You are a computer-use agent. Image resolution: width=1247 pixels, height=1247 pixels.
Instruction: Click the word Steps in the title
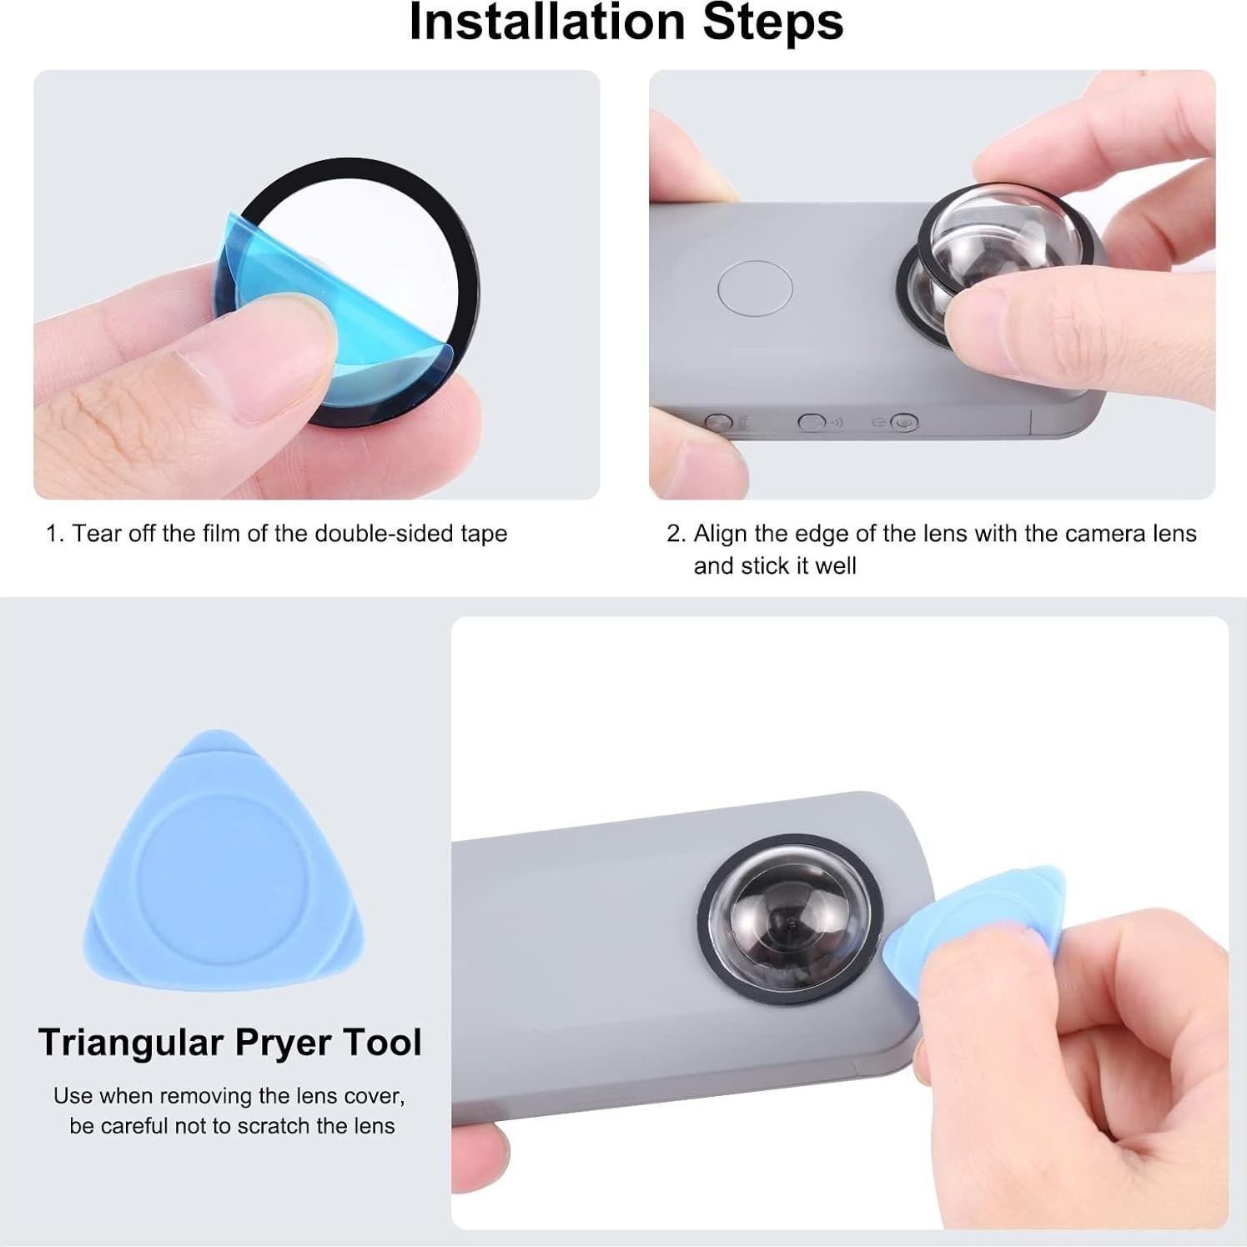tap(772, 23)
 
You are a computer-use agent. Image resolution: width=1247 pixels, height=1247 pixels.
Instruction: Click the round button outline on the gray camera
tap(755, 288)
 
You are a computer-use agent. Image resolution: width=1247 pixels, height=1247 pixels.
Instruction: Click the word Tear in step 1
tap(93, 534)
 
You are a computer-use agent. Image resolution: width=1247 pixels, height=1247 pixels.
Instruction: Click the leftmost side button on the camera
tap(719, 422)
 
